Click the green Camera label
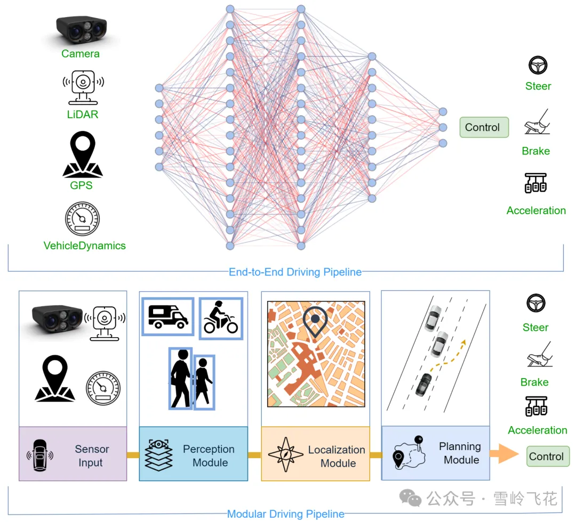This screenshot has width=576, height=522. click(81, 54)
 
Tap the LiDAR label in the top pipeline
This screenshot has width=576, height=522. click(83, 115)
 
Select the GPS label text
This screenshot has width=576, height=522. click(81, 185)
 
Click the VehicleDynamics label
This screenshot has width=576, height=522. click(84, 246)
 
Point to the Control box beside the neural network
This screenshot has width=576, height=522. click(484, 127)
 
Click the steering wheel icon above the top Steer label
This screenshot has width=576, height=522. click(538, 66)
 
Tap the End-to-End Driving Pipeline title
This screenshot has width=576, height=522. click(295, 272)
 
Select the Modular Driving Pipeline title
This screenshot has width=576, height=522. click(286, 514)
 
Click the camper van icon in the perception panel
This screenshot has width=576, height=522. click(168, 317)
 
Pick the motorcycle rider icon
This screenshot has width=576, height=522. click(221, 317)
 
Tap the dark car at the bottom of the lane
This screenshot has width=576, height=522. click(423, 385)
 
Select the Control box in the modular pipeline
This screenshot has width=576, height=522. click(548, 456)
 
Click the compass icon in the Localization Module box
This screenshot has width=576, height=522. click(286, 454)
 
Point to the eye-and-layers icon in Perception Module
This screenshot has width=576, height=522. click(159, 455)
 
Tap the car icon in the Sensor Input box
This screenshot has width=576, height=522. click(39, 455)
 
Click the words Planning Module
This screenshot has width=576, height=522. click(460, 453)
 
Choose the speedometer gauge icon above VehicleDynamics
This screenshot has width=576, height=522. click(82, 218)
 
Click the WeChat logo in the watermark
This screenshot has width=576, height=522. click(410, 498)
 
